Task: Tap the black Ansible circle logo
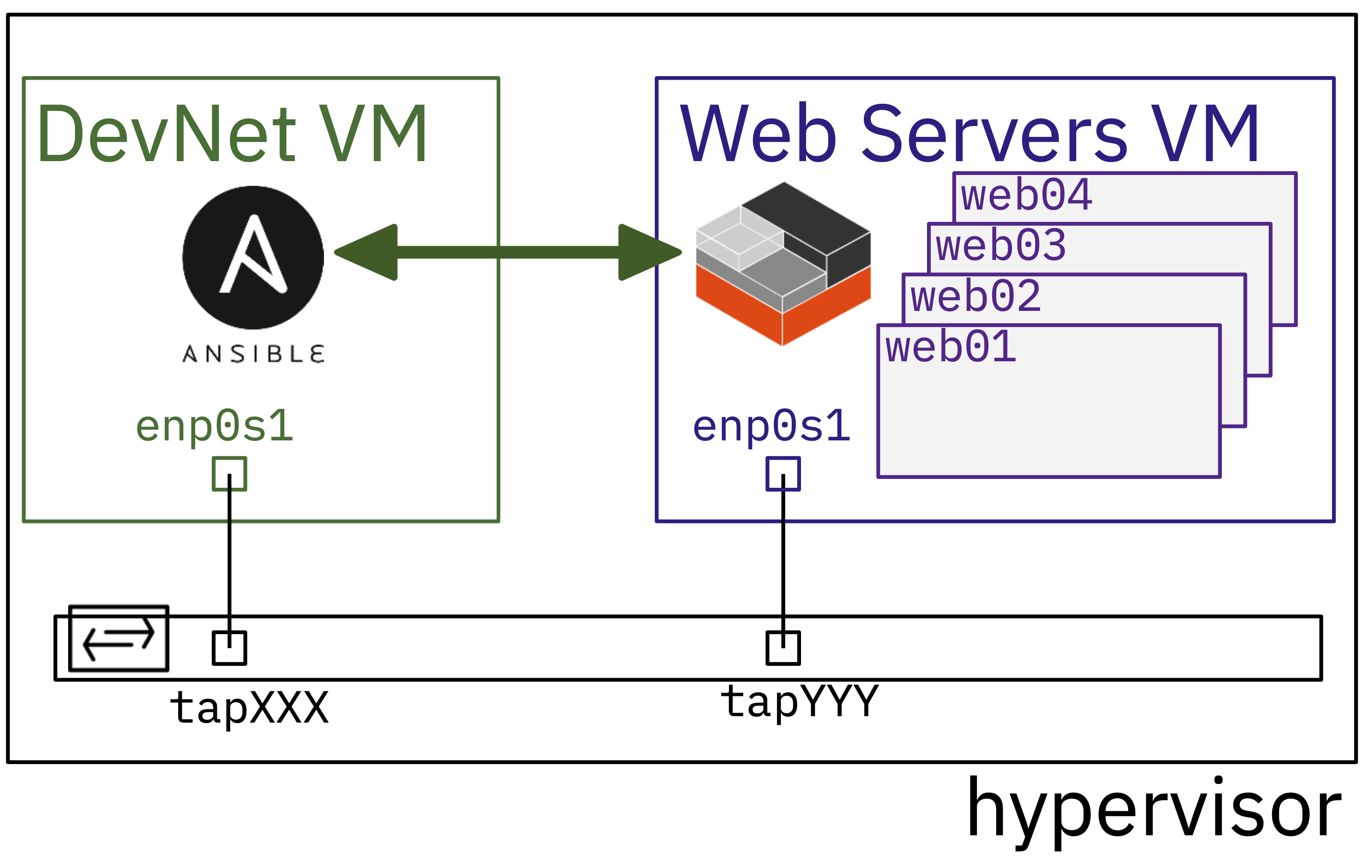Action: [x=253, y=257]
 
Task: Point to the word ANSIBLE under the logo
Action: [x=253, y=354]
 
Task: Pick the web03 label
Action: [x=1001, y=246]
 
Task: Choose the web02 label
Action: [x=975, y=297]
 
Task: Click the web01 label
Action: [x=951, y=347]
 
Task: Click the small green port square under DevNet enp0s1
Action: [x=229, y=474]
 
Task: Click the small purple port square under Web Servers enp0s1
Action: [x=783, y=474]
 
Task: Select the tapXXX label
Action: [x=249, y=708]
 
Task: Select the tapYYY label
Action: [x=800, y=701]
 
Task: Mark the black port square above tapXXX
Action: [x=229, y=647]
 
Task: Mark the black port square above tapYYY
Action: [x=783, y=647]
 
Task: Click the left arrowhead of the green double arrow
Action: [x=366, y=252]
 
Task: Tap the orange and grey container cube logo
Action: [x=783, y=264]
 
